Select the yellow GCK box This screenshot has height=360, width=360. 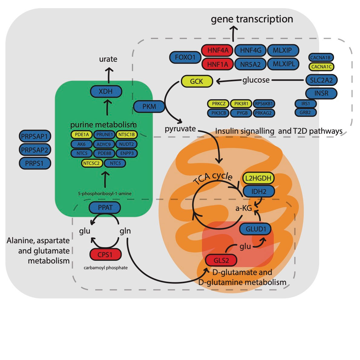pyautogui.click(x=197, y=81)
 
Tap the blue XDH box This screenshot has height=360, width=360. pyautogui.click(x=106, y=91)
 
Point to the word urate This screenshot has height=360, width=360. pyautogui.click(x=108, y=59)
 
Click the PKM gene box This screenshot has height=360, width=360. pyautogui.click(x=149, y=106)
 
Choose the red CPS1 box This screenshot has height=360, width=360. pyautogui.click(x=105, y=254)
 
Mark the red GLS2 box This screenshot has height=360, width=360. pyautogui.click(x=221, y=260)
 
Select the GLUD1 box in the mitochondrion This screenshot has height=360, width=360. pyautogui.click(x=255, y=229)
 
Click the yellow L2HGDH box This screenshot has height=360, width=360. pyautogui.click(x=258, y=178)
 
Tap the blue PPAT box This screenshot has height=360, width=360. pyautogui.click(x=105, y=208)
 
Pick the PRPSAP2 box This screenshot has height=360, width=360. pyautogui.click(x=34, y=150)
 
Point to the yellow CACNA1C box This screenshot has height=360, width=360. pyautogui.click(x=321, y=67)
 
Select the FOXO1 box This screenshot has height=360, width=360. pyautogui.click(x=185, y=57)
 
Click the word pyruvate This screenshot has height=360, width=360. pyautogui.click(x=180, y=129)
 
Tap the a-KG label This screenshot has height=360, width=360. pyautogui.click(x=244, y=208)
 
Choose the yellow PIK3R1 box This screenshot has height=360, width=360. pyautogui.click(x=241, y=104)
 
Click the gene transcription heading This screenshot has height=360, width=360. pyautogui.click(x=252, y=19)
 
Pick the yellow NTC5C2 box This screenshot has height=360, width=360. pyautogui.click(x=91, y=163)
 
